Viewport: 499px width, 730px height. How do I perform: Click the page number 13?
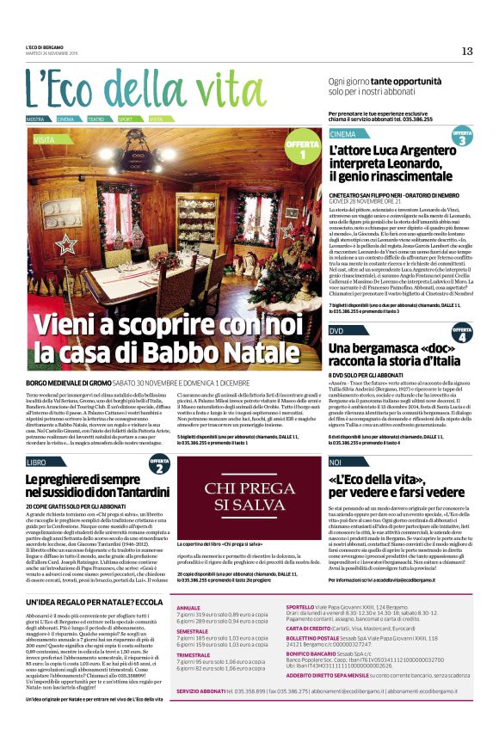[x=467, y=51]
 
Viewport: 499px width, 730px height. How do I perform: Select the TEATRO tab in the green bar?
[x=95, y=119]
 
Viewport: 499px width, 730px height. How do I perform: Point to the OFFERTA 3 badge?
[x=462, y=138]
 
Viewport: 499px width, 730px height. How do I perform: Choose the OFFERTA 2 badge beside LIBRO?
[x=159, y=465]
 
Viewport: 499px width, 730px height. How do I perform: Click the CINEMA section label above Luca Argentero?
[x=342, y=135]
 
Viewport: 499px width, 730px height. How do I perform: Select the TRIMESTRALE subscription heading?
[x=195, y=654]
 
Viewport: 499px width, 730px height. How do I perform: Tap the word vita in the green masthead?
[x=202, y=89]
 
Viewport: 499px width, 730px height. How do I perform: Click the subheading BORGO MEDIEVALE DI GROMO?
[x=71, y=381]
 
